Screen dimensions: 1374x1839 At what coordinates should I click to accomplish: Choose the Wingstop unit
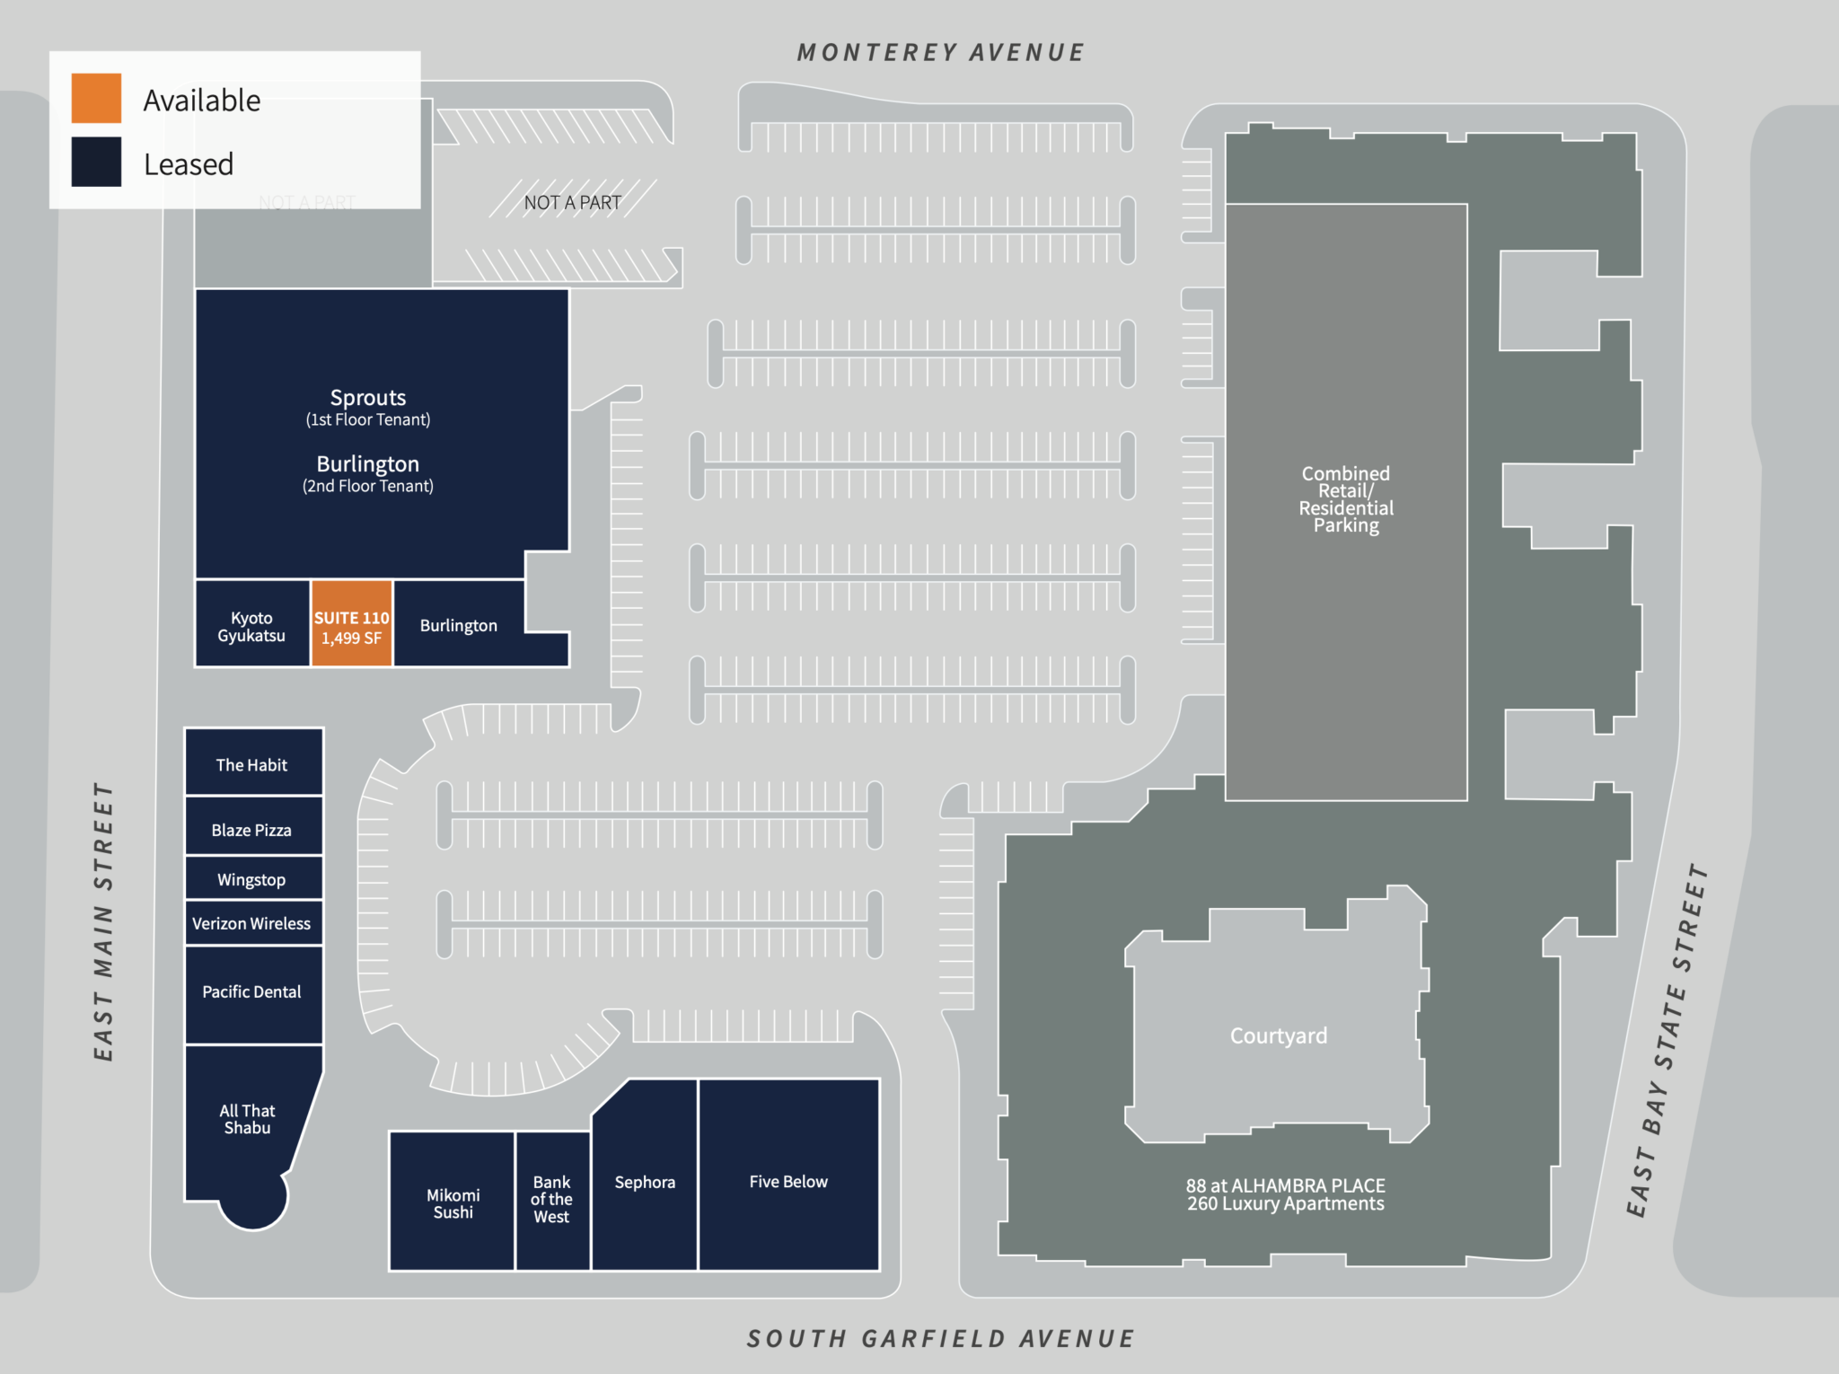tap(253, 878)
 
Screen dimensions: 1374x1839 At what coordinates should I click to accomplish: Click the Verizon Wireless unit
tap(253, 922)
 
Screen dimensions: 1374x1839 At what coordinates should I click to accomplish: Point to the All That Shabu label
tap(247, 1119)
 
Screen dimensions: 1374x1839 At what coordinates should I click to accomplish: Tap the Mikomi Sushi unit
tap(452, 1202)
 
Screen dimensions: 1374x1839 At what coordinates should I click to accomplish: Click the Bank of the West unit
tap(552, 1200)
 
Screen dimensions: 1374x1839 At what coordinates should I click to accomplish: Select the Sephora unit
tap(644, 1180)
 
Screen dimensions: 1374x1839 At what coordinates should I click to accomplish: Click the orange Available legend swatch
tap(96, 98)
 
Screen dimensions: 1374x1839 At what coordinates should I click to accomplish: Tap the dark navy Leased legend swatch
tap(96, 162)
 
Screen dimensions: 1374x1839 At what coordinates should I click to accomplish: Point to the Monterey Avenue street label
tap(940, 53)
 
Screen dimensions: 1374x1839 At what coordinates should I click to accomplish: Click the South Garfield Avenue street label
tap(940, 1338)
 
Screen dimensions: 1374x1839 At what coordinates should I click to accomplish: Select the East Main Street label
tap(104, 921)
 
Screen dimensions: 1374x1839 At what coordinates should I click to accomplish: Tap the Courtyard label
tap(1278, 1035)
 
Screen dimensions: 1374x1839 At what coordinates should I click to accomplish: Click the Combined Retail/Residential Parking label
tap(1345, 499)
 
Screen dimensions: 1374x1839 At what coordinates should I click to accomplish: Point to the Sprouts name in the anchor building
tap(368, 398)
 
